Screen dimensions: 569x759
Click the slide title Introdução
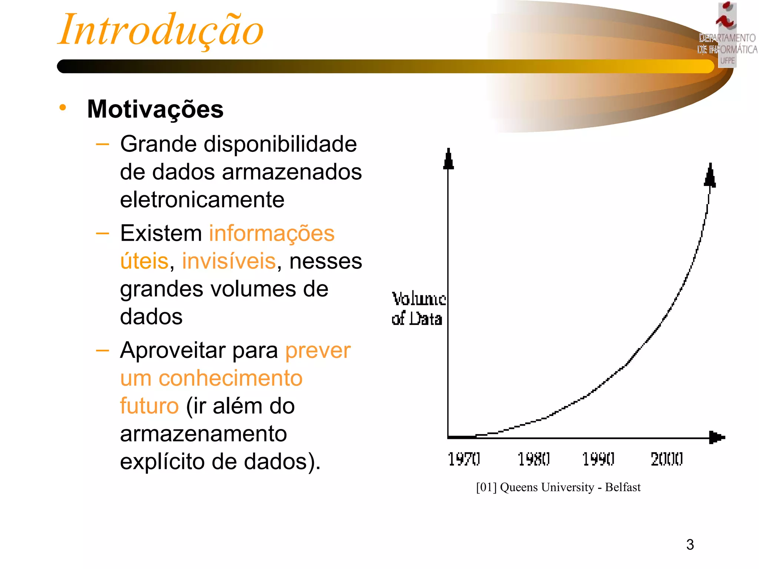[x=160, y=30]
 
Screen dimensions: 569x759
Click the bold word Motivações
[x=155, y=109]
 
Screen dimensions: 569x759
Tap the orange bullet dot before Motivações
[x=63, y=107]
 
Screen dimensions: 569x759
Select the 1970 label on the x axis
[x=464, y=459]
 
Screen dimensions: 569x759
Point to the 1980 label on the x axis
[x=533, y=459]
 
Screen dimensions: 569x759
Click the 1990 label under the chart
[x=598, y=459]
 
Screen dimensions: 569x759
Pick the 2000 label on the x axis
[x=666, y=459]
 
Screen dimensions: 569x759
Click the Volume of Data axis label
[x=418, y=309]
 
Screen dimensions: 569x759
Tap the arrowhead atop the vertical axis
[x=448, y=159]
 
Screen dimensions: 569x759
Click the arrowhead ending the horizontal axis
[x=716, y=437]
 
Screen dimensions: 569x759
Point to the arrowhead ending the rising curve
[x=710, y=176]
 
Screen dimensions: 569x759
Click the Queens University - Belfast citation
[x=558, y=487]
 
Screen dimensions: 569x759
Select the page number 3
[x=690, y=545]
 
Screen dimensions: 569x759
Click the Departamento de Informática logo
[x=727, y=35]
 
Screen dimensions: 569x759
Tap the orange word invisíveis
[x=229, y=261]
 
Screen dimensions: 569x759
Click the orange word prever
[x=318, y=350]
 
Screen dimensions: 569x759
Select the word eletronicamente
[x=202, y=200]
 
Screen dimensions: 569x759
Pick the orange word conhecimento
[x=230, y=378]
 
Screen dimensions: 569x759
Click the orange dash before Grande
[x=102, y=144]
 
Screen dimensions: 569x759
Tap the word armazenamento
[x=203, y=434]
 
